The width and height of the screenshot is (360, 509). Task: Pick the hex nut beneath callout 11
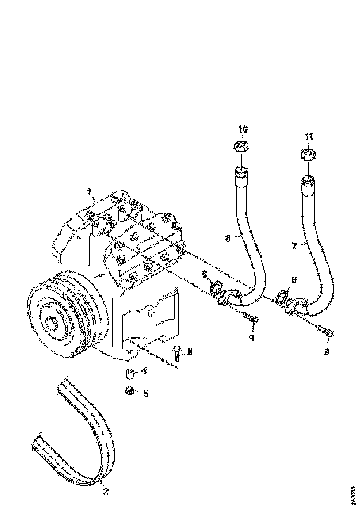(x=309, y=155)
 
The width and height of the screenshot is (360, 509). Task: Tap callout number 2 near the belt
(x=106, y=491)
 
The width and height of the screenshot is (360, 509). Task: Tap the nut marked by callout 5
(x=130, y=391)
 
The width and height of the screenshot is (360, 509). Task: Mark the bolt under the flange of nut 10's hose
(x=250, y=319)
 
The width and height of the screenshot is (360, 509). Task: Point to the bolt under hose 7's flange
(x=326, y=331)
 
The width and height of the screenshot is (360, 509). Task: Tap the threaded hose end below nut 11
(x=308, y=181)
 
